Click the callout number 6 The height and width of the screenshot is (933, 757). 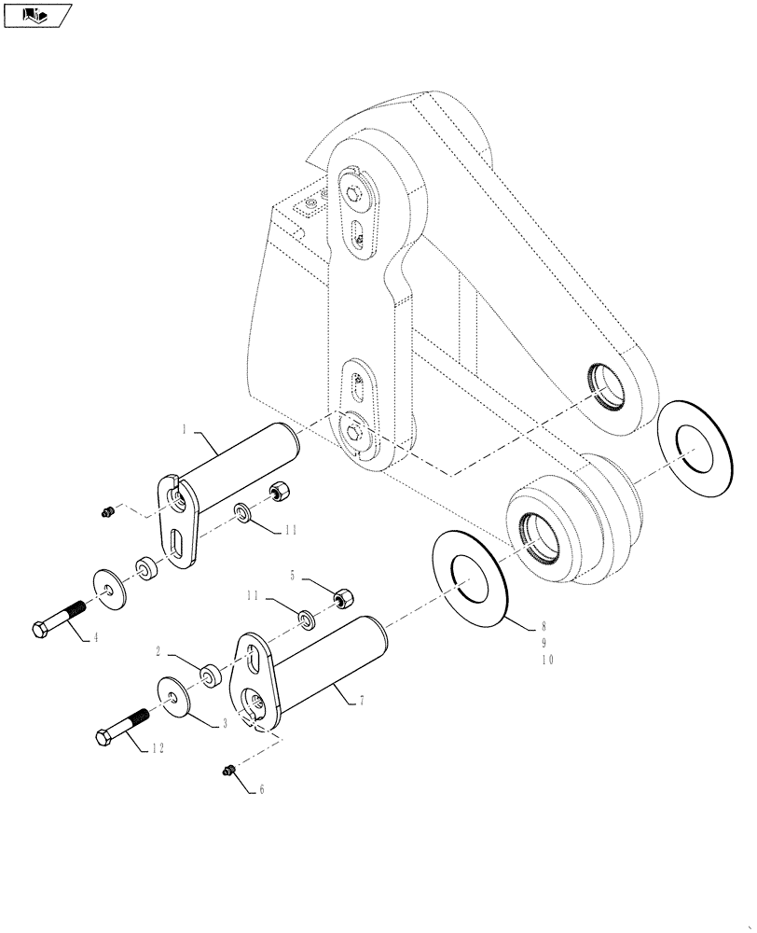[x=261, y=789]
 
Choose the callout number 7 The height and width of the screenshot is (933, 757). [x=363, y=700]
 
